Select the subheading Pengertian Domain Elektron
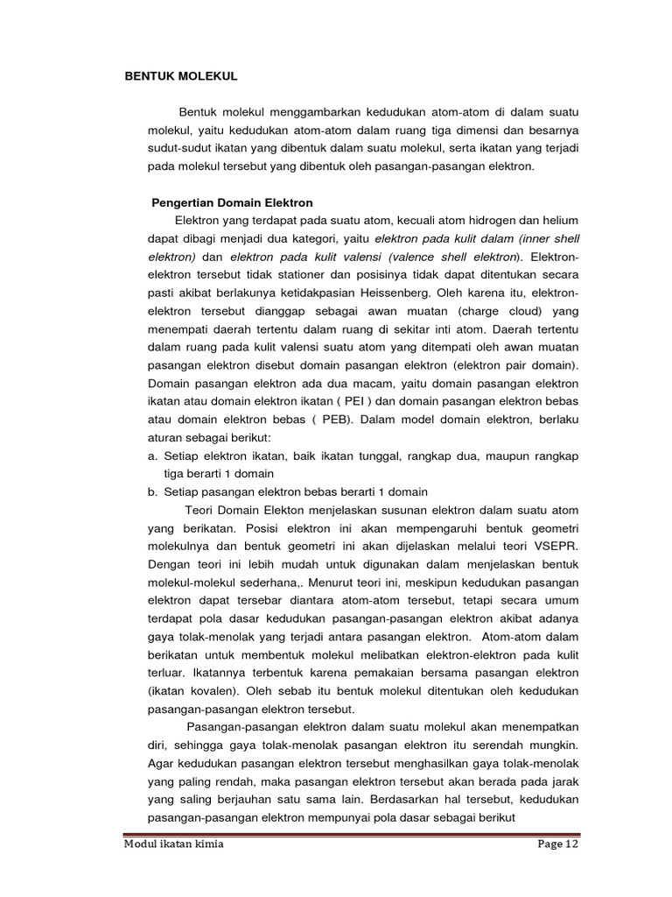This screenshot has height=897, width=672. [233, 202]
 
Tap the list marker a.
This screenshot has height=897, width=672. [152, 456]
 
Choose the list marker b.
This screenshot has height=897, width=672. [152, 492]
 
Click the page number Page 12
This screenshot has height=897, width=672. [556, 844]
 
